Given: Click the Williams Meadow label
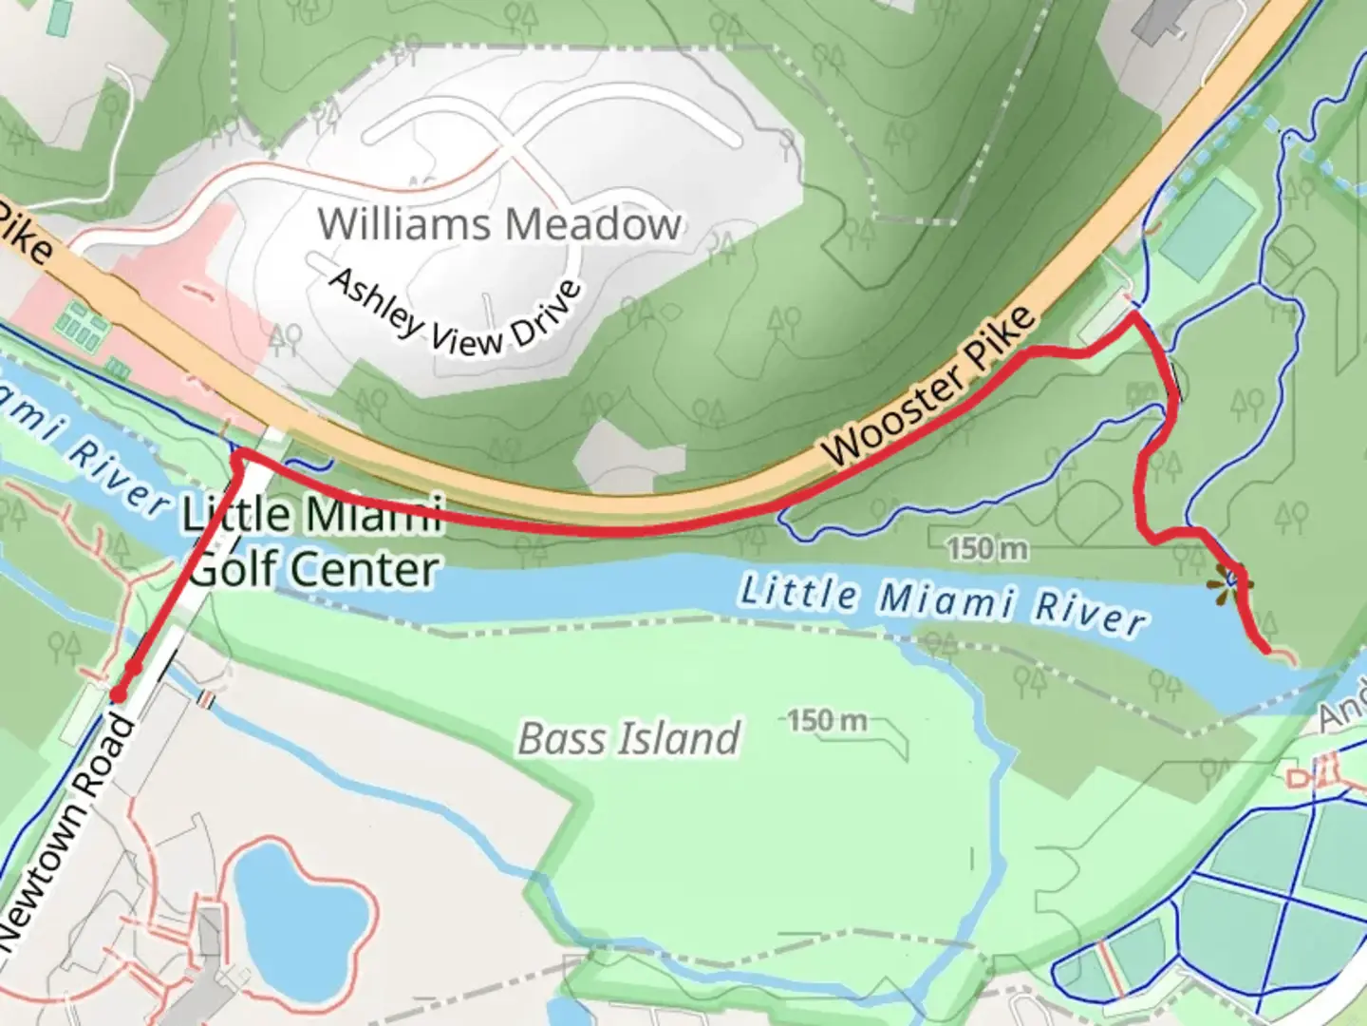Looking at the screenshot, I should click(499, 224).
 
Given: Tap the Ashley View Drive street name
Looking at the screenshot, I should click(454, 313).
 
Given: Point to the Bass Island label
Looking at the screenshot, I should click(628, 738).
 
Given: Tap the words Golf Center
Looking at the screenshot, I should click(313, 569).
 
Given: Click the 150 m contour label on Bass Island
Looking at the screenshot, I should click(827, 720).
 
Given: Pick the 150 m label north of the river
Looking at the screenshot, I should click(986, 548).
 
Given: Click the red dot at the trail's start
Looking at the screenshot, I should click(119, 695).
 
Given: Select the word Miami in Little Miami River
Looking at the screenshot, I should click(945, 600).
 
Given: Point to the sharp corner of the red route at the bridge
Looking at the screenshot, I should click(237, 458).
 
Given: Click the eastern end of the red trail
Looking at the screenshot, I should click(1266, 650).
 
